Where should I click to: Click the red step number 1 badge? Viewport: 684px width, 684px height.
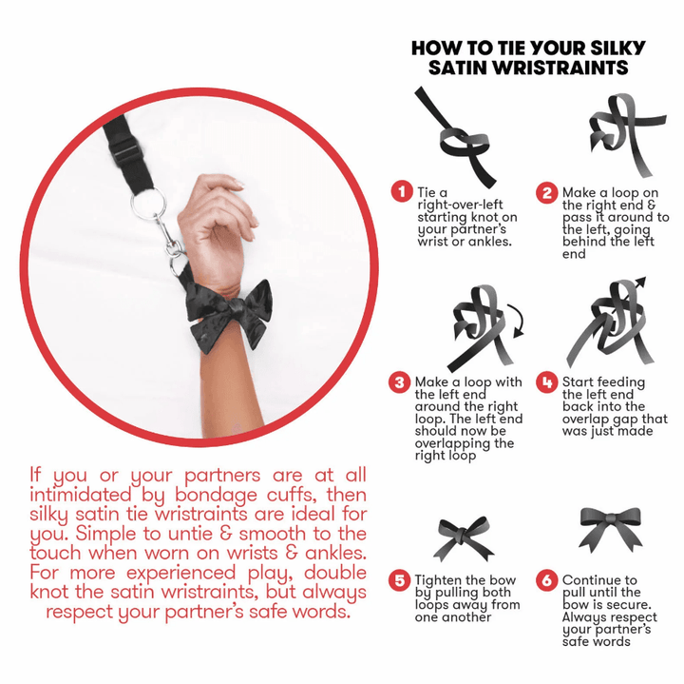coord(402,192)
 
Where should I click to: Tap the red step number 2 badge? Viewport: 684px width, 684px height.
coord(547,192)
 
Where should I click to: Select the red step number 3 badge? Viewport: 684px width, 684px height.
coord(400,382)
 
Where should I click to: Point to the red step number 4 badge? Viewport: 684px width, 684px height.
coord(547,382)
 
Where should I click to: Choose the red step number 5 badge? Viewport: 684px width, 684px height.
coord(400,580)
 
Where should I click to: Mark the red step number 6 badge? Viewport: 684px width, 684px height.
coord(547,580)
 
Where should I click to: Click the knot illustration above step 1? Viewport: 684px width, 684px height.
coord(456,136)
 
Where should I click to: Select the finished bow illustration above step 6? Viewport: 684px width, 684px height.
coord(610,529)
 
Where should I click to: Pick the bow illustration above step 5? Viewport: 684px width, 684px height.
coord(464,538)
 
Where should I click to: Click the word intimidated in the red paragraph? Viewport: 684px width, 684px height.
coord(81,495)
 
